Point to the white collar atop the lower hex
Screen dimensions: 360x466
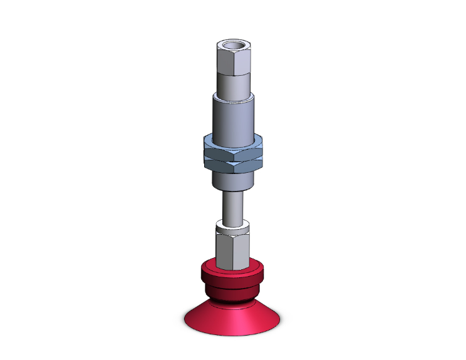coord(233,225)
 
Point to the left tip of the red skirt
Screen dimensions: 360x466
coord(184,321)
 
